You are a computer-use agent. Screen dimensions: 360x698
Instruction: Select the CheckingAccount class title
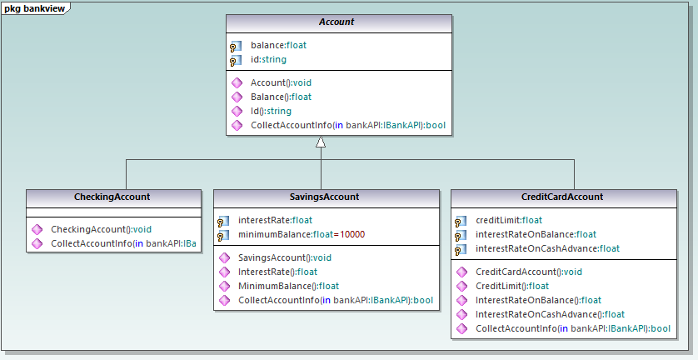[x=113, y=197]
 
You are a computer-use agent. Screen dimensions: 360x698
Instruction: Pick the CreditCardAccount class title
[x=561, y=197]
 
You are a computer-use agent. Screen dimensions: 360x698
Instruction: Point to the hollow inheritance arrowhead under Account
[x=320, y=142]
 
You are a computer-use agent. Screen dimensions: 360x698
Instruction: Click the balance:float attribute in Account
[x=278, y=46]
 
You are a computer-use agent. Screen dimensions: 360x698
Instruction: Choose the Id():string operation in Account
[x=271, y=112]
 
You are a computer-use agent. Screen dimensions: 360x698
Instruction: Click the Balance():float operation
[x=280, y=97]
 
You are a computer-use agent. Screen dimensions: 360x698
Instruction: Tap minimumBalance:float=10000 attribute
[x=302, y=235]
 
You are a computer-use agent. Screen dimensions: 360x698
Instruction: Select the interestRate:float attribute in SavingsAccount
[x=275, y=221]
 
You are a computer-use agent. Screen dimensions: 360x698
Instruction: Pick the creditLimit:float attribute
[x=509, y=220]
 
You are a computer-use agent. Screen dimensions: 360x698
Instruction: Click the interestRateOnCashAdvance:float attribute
[x=547, y=248]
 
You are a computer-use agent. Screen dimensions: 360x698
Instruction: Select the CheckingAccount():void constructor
[x=102, y=229]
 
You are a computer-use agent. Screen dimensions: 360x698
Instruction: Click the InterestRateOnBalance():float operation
[x=538, y=300]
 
